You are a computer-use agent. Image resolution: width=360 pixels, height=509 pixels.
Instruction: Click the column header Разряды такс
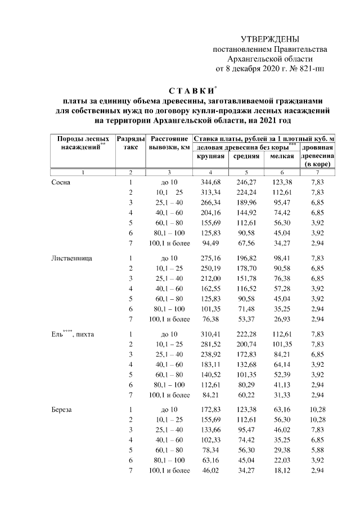[130, 142]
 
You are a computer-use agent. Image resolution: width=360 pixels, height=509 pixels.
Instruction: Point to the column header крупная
[210, 156]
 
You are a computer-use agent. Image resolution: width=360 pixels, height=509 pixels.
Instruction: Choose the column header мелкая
[281, 156]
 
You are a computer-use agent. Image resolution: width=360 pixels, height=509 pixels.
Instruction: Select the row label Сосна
[61, 182]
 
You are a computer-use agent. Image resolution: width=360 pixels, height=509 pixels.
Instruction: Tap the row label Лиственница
[71, 259]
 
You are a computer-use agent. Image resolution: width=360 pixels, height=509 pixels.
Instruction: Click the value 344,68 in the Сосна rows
[210, 182]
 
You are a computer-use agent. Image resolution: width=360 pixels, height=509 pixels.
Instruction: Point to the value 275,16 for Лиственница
[210, 259]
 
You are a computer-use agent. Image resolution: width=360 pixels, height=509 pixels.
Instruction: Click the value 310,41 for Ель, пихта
[210, 335]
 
